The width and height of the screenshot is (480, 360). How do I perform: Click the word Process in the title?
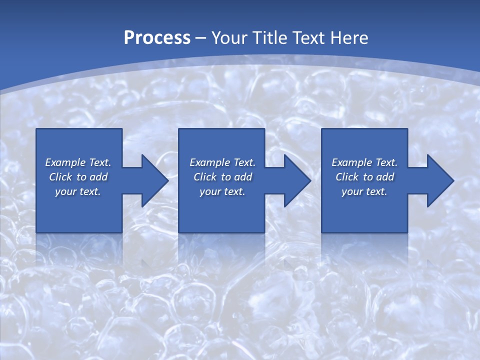pos(157,38)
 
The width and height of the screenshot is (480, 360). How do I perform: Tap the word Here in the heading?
pos(348,38)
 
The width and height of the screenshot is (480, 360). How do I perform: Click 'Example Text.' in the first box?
pos(78,162)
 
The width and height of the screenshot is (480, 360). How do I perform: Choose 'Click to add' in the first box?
pos(78,177)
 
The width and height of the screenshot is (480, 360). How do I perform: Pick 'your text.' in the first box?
pos(78,191)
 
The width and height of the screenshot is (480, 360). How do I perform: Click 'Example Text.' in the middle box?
pos(222,162)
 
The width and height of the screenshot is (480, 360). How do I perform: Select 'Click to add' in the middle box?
pos(222,177)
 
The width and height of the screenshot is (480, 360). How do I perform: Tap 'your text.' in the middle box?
pos(222,191)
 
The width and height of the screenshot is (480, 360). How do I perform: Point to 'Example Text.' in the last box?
pos(364,162)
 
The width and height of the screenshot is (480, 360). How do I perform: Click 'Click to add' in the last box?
pos(364,177)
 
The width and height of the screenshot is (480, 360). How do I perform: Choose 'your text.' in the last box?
pos(364,191)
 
